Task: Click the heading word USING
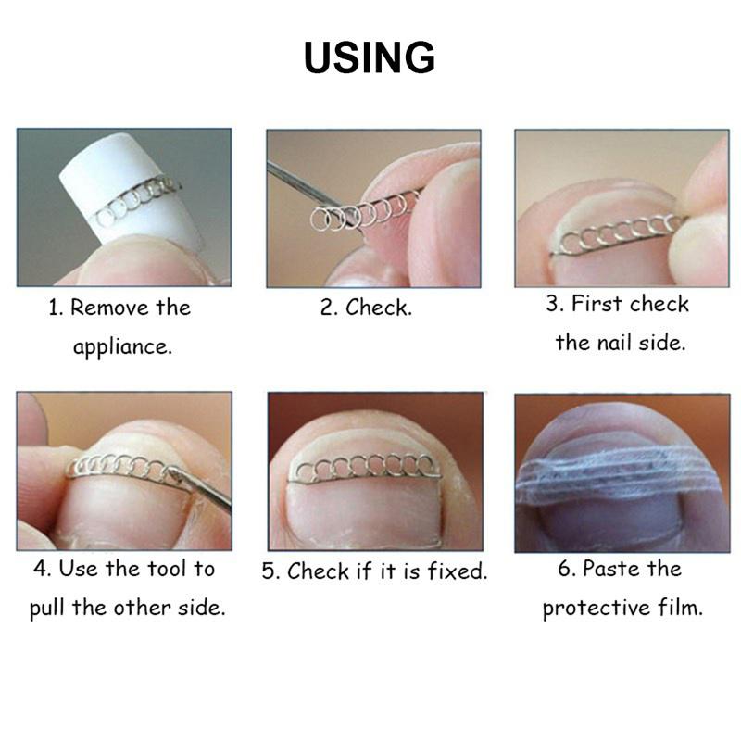pyautogui.click(x=370, y=57)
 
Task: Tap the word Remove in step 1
pyautogui.click(x=109, y=308)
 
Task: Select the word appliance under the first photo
pyautogui.click(x=123, y=347)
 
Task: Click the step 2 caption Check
pyautogui.click(x=379, y=308)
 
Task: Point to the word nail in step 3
pyautogui.click(x=613, y=343)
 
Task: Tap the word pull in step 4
pyautogui.click(x=46, y=609)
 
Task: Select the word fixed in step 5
pyautogui.click(x=457, y=571)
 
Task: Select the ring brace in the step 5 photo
pyautogui.click(x=364, y=470)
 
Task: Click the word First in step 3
pyautogui.click(x=596, y=304)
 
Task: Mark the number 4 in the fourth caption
pyautogui.click(x=41, y=569)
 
